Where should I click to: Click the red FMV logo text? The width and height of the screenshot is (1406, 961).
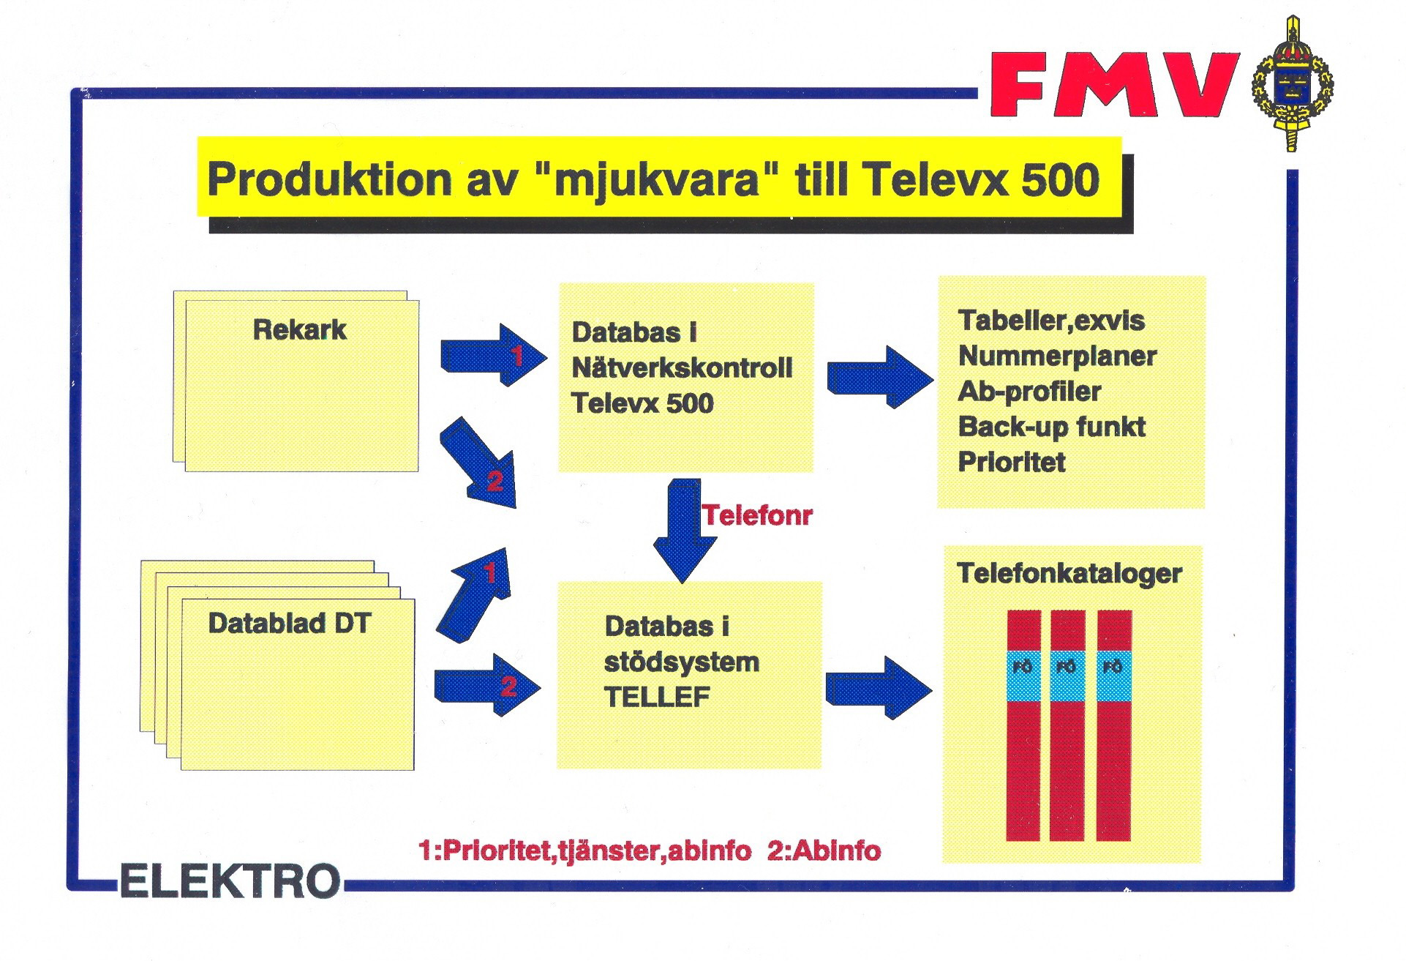pos(1113,84)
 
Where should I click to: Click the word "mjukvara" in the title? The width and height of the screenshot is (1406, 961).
pos(656,180)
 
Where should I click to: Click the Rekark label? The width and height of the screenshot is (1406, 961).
pos(299,330)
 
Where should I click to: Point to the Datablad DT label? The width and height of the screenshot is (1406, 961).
pos(290,624)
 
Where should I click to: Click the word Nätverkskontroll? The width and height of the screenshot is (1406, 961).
pos(682,367)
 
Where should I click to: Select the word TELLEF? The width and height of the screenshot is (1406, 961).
pos(657,697)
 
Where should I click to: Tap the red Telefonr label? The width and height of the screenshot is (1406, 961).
pos(757,516)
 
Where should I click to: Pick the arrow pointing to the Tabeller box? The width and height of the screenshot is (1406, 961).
pos(880,376)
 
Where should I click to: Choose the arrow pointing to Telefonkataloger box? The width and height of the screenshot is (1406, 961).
pos(879,687)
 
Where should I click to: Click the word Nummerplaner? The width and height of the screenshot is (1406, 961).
pos(1057,356)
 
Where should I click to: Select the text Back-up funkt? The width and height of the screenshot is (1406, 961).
pos(1051,427)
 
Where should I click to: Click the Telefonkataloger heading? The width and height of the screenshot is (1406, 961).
pos(1069,574)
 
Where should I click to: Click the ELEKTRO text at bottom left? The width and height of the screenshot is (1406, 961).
pos(230,881)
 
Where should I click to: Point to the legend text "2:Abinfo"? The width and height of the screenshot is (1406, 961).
pos(824,851)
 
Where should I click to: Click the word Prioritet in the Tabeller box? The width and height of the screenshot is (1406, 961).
pos(1012,463)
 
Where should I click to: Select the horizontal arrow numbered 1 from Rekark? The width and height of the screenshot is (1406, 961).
pos(494,356)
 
